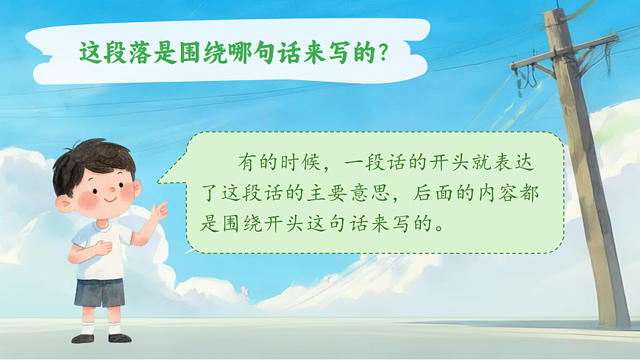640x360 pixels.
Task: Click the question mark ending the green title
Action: tap(382, 52)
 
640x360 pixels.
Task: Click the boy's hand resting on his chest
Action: tap(102, 247)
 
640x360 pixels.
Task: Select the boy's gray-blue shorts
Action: tap(100, 293)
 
